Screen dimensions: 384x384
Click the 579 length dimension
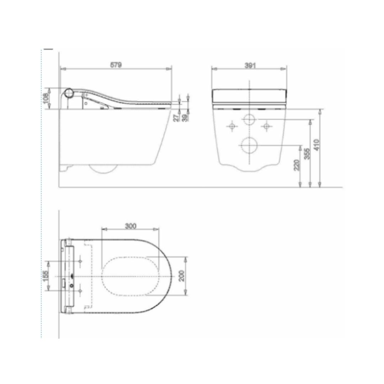click(x=116, y=65)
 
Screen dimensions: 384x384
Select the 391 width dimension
click(x=250, y=65)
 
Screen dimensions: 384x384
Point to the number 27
click(x=177, y=118)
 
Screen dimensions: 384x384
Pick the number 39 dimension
click(x=185, y=118)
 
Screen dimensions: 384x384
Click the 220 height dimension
click(x=297, y=164)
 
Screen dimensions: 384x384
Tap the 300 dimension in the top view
click(x=130, y=226)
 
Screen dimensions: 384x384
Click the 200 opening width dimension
click(x=182, y=276)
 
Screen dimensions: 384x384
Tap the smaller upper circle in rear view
click(x=249, y=119)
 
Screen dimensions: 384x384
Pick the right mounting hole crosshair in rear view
click(x=266, y=126)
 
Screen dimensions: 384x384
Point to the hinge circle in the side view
click(x=69, y=93)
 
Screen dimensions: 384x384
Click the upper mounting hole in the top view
click(x=80, y=261)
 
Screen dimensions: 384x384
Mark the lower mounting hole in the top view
click(x=80, y=291)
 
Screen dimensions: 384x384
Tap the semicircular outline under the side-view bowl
click(x=103, y=169)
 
